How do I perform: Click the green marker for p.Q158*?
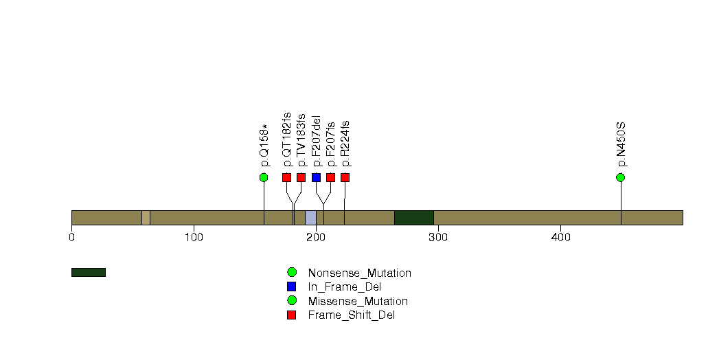(x=263, y=177)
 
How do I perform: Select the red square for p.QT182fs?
(x=286, y=177)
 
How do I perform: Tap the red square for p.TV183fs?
(x=301, y=177)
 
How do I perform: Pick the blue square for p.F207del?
(x=316, y=177)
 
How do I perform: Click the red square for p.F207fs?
(x=330, y=177)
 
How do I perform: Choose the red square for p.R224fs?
(x=345, y=177)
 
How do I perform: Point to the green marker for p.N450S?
(x=620, y=177)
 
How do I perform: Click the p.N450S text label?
(x=621, y=144)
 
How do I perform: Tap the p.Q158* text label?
(x=264, y=146)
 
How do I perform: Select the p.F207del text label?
(x=316, y=142)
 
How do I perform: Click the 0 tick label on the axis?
(x=71, y=237)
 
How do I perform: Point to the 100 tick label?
(x=194, y=237)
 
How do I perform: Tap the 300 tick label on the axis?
(x=438, y=237)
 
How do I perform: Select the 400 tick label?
(x=560, y=237)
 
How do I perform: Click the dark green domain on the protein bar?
(x=414, y=218)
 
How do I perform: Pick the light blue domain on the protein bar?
(x=310, y=218)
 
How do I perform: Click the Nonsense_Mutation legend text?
(x=360, y=273)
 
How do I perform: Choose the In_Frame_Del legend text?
(x=345, y=287)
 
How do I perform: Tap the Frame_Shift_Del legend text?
(x=351, y=315)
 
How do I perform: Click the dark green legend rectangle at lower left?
(x=89, y=273)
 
